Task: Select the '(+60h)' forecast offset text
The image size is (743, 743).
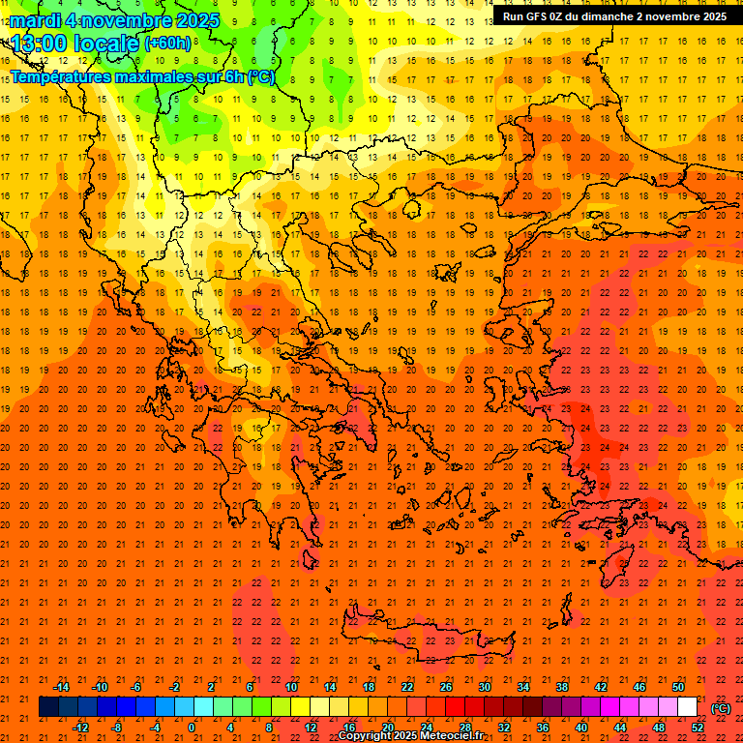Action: (167, 44)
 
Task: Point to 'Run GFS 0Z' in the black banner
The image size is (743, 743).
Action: (534, 16)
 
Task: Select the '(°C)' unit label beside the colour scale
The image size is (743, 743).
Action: (721, 708)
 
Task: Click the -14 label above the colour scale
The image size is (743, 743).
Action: (60, 687)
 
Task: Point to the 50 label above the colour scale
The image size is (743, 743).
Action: (678, 687)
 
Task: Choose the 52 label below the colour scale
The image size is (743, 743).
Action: (697, 728)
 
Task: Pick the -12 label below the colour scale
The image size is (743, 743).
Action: (80, 728)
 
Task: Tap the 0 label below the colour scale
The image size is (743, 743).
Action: (192, 728)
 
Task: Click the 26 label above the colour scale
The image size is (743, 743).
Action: (446, 687)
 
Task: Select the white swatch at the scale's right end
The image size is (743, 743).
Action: (687, 707)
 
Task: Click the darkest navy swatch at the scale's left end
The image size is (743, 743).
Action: (48, 707)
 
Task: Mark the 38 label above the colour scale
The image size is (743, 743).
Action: (562, 687)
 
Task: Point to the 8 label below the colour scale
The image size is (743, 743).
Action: (269, 728)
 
